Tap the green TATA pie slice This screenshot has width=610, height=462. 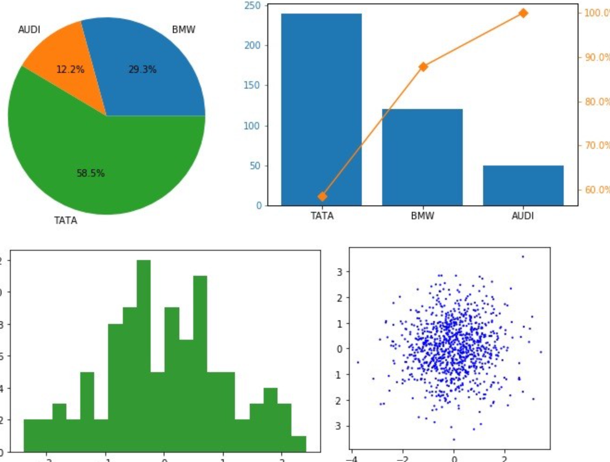93,161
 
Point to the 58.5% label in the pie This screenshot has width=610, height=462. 91,174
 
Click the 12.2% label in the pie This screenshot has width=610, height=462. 70,70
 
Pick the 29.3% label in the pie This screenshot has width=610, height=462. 142,70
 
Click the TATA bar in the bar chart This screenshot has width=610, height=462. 321,111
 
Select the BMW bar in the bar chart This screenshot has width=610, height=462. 422,157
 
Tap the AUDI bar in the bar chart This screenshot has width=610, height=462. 523,185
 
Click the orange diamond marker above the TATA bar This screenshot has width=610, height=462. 322,196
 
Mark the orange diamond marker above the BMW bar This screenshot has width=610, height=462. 423,66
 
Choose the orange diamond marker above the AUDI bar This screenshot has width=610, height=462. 524,13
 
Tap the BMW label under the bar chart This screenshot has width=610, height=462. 422,216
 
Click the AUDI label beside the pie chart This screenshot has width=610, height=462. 30,29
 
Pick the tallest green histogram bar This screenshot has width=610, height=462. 144,358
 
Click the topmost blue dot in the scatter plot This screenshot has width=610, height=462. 523,256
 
